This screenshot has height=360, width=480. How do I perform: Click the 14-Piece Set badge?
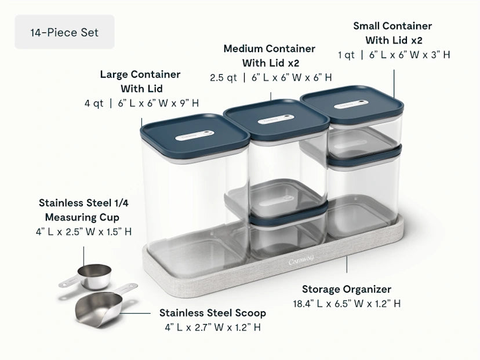[x=64, y=32]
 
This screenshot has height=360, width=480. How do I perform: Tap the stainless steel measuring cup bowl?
[x=94, y=277]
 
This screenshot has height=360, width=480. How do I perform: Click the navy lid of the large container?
[x=195, y=135]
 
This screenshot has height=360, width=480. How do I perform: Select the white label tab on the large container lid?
[x=194, y=135]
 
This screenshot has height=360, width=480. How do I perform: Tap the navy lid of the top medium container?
[x=277, y=119]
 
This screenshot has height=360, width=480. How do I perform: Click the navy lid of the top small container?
[x=352, y=104]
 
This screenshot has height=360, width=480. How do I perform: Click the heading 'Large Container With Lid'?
[x=140, y=81]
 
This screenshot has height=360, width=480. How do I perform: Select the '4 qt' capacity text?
[x=94, y=103]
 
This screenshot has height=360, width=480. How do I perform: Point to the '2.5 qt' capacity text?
[x=223, y=78]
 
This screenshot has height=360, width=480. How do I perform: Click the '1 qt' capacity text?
[x=346, y=55]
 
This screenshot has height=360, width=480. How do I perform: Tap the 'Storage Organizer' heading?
[x=347, y=289]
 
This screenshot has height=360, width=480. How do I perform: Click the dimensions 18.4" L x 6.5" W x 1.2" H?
[x=347, y=303]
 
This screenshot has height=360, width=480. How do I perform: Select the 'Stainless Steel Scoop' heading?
[x=212, y=313]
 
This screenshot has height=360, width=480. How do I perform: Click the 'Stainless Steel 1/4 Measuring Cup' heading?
[x=83, y=210]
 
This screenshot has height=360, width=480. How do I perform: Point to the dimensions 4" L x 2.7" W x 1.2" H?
[x=212, y=327]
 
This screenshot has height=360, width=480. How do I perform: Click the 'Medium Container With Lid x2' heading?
[x=270, y=56]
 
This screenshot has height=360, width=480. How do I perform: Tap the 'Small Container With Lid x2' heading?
[x=393, y=33]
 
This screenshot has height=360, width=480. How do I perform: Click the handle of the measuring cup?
[x=69, y=281]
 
